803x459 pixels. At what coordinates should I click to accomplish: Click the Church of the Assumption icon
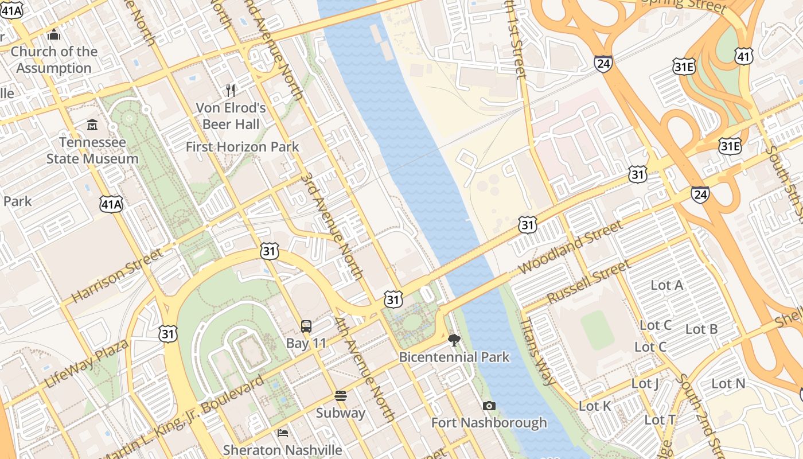pyautogui.click(x=54, y=35)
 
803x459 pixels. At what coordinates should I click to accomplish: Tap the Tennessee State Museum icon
pyautogui.click(x=92, y=125)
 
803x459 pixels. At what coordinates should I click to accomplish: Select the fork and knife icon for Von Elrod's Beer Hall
pyautogui.click(x=231, y=90)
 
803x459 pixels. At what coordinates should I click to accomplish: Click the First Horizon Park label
pyautogui.click(x=242, y=147)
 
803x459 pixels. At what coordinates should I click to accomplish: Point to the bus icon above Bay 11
pyautogui.click(x=306, y=326)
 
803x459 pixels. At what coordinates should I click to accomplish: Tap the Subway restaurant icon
pyautogui.click(x=341, y=396)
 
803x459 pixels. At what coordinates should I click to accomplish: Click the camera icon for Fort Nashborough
pyautogui.click(x=489, y=406)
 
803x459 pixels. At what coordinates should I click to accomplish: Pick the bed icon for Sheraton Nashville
pyautogui.click(x=283, y=433)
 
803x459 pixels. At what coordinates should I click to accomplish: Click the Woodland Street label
pyautogui.click(x=570, y=247)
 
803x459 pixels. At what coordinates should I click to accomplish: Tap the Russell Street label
pyautogui.click(x=589, y=282)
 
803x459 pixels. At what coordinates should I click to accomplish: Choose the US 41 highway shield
pyautogui.click(x=743, y=56)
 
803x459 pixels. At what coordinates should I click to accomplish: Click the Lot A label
pyautogui.click(x=667, y=285)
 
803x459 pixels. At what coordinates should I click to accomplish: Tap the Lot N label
pyautogui.click(x=728, y=383)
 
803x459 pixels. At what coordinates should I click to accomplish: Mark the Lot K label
pyautogui.click(x=595, y=406)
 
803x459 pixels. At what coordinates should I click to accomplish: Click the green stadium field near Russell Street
pyautogui.click(x=597, y=329)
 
